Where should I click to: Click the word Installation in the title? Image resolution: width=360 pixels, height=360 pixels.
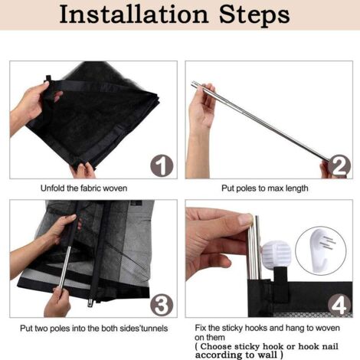pyautogui.click(x=134, y=15)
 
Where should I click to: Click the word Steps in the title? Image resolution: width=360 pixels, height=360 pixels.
pyautogui.click(x=254, y=15)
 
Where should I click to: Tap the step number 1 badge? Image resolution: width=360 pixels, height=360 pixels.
pyautogui.click(x=162, y=165)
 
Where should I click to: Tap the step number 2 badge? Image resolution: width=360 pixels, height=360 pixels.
pyautogui.click(x=339, y=165)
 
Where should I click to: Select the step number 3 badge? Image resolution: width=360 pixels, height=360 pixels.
pyautogui.click(x=162, y=305)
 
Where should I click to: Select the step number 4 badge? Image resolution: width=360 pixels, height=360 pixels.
pyautogui.click(x=339, y=305)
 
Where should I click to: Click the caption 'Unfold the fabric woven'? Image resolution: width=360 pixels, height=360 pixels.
pyautogui.click(x=83, y=188)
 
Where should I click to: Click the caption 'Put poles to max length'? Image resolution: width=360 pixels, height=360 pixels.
pyautogui.click(x=265, y=188)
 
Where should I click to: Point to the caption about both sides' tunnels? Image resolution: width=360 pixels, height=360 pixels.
pyautogui.click(x=93, y=328)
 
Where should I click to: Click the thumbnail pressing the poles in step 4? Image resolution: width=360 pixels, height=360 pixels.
pyautogui.click(x=245, y=219)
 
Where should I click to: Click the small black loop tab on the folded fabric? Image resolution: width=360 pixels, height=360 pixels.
pyautogui.click(x=48, y=78)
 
